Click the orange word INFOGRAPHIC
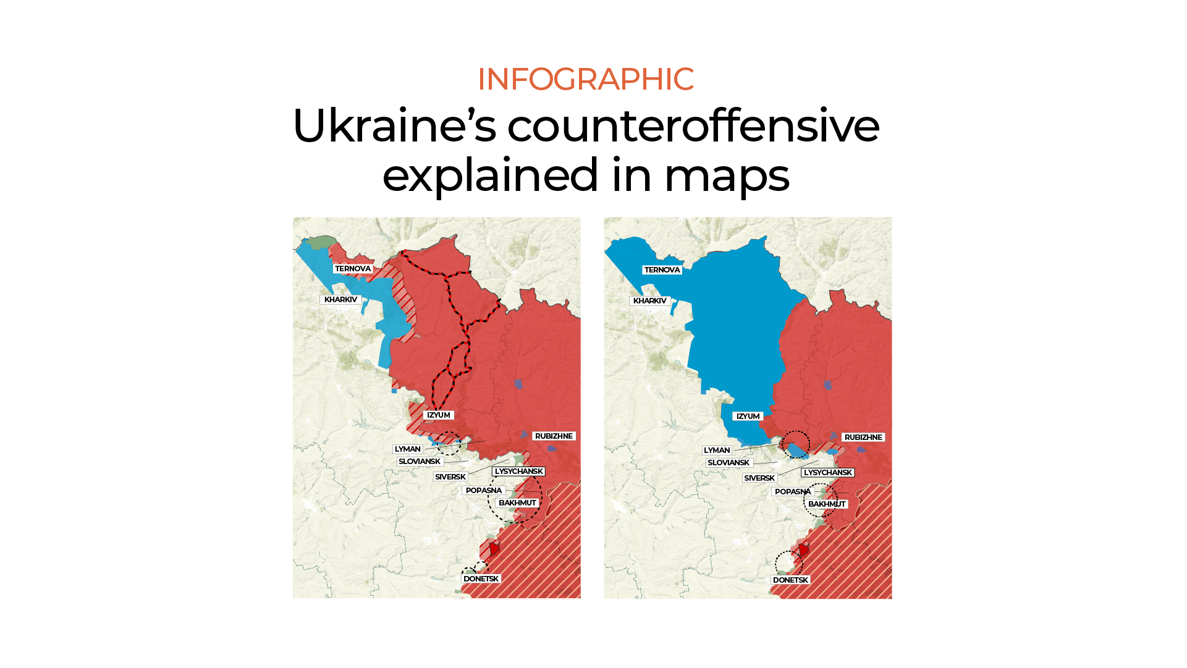click(x=585, y=79)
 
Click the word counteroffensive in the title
click(x=693, y=126)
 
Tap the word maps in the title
click(x=726, y=175)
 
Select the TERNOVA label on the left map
click(x=353, y=269)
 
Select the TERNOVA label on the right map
click(x=662, y=270)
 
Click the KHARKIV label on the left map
click(x=340, y=300)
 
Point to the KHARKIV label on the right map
click(x=649, y=301)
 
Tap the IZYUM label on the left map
click(x=438, y=415)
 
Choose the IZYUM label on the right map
click(x=748, y=416)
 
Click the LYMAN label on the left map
click(x=407, y=449)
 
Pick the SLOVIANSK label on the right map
click(x=729, y=463)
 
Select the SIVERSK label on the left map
click(x=450, y=477)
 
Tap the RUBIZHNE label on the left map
click(x=554, y=436)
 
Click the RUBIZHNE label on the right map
click(x=863, y=438)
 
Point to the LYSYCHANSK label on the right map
click(x=827, y=473)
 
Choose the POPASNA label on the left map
click(x=483, y=491)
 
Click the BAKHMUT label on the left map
click(x=517, y=503)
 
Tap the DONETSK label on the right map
click(x=790, y=580)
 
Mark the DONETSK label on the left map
click(x=481, y=579)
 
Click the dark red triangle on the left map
click(x=494, y=548)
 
